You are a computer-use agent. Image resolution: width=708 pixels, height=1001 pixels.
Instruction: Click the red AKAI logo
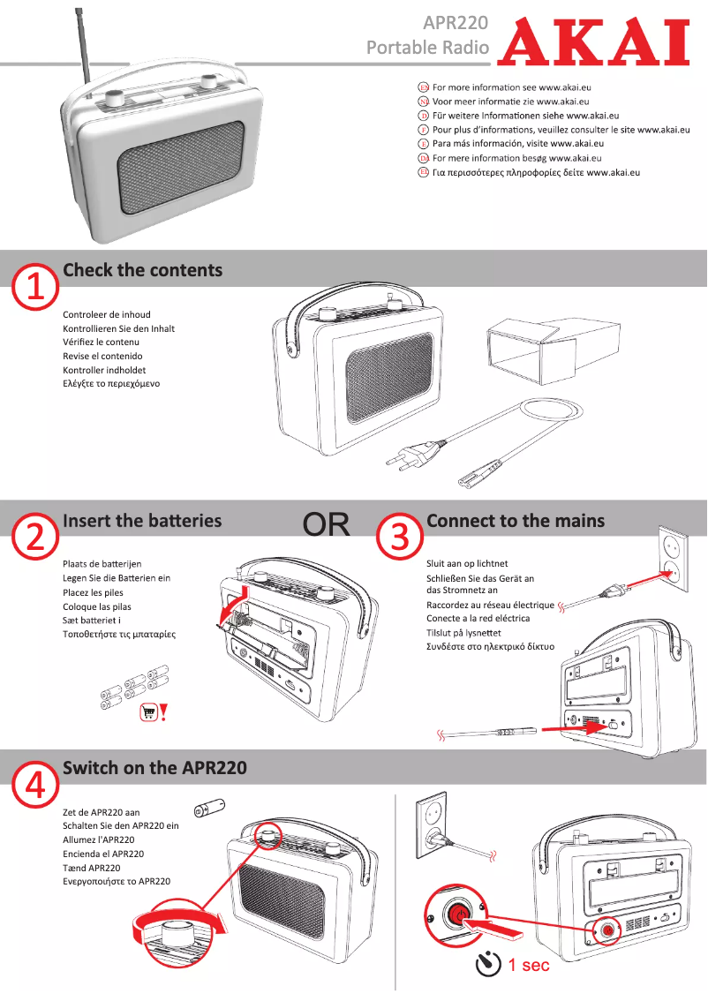coord(592,42)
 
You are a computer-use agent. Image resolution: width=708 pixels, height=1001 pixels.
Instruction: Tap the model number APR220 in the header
coord(456,22)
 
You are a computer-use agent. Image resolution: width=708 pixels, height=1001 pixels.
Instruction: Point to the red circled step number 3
coord(399,537)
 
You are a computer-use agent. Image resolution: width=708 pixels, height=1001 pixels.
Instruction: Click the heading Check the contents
coord(142,270)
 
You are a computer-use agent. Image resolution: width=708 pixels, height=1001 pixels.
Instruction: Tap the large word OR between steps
coord(327,525)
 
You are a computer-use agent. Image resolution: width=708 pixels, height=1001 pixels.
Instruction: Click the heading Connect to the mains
coord(516,521)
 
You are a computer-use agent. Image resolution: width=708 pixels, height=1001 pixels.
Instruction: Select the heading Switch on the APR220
coord(154,768)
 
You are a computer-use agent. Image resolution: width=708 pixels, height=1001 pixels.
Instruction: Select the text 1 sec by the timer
coord(529,965)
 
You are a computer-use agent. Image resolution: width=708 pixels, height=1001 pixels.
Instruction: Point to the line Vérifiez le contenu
coord(101,342)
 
